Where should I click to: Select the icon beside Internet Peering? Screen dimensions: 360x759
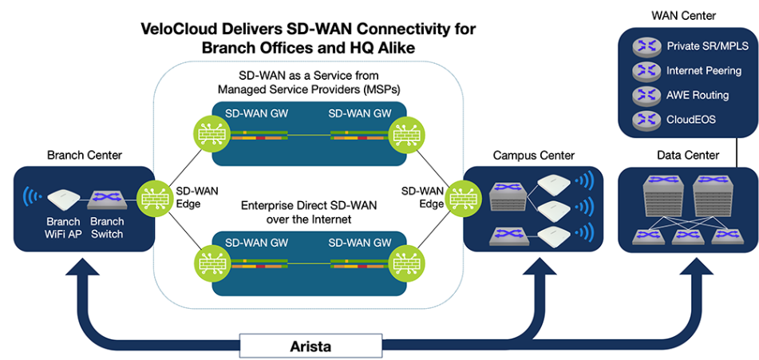tap(645, 71)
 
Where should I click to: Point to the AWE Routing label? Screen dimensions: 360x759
tap(698, 95)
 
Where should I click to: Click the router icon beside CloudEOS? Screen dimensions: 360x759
tap(645, 120)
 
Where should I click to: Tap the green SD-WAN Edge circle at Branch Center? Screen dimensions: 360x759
tap(152, 196)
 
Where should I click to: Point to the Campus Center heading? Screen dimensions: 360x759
tap(533, 155)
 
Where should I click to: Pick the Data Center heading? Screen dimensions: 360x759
tap(688, 155)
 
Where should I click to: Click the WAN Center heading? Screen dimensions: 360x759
tap(684, 15)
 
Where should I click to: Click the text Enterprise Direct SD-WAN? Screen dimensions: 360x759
tap(308, 206)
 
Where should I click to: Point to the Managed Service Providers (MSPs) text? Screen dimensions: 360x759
tap(309, 88)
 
